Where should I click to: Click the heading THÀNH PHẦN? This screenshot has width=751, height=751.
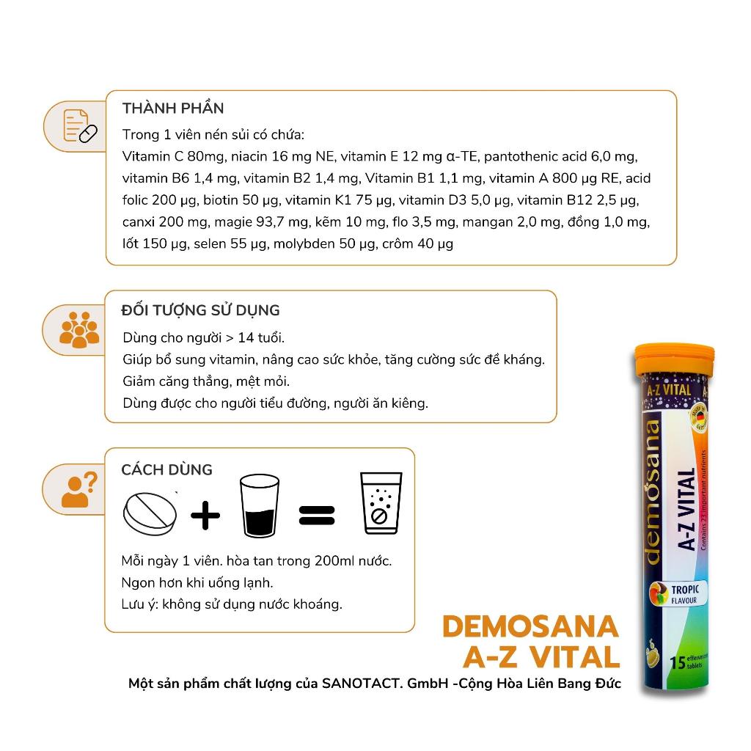click(173, 108)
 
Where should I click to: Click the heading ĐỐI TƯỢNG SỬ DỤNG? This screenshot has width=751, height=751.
click(200, 310)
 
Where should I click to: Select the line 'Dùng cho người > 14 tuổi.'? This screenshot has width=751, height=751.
click(204, 338)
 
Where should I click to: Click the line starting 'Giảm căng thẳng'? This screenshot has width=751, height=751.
click(206, 381)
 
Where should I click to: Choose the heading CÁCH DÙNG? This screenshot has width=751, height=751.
click(166, 469)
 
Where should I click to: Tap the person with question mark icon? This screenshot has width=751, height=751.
click(79, 488)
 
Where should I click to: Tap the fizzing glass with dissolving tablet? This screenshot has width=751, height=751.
click(380, 503)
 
